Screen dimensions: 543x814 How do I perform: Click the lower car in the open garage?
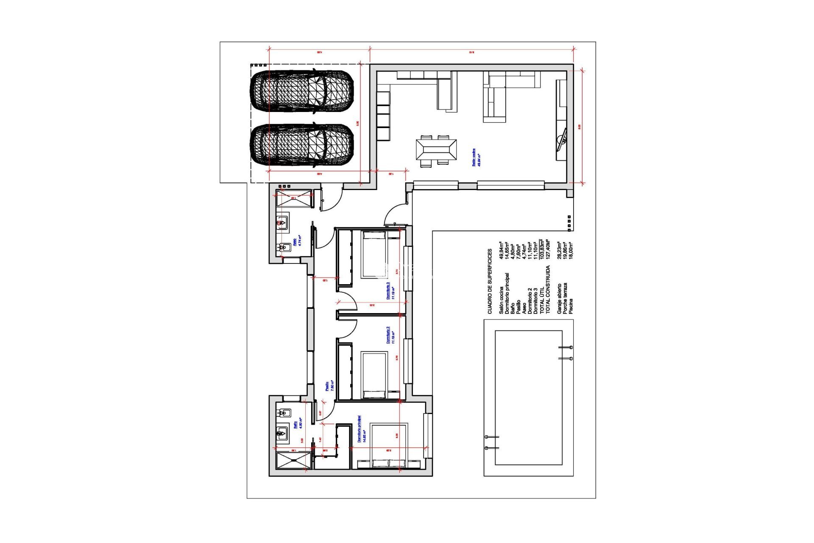point(302,145)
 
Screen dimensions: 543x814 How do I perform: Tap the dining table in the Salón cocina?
point(436,150)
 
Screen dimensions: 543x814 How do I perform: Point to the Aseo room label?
point(295,241)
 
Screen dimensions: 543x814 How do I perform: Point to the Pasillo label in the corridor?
point(327,386)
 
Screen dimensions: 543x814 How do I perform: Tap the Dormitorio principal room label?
point(360,429)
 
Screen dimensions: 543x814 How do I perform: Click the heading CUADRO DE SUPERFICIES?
point(490,281)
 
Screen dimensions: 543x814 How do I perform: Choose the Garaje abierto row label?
point(559,299)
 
